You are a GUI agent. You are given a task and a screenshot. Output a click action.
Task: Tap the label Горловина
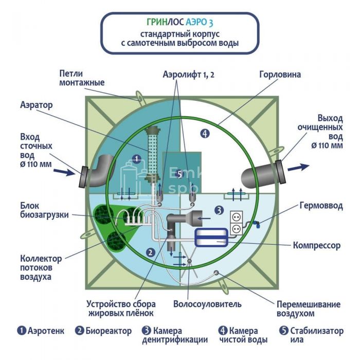[280, 74]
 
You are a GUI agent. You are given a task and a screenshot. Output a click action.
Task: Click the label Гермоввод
[320, 206]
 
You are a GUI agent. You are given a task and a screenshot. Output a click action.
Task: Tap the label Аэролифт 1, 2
[189, 75]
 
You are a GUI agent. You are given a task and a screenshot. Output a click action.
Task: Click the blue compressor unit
[213, 237]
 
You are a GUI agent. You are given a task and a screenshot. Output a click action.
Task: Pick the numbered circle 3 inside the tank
[219, 210]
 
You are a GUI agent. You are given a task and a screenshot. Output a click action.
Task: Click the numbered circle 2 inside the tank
[150, 252]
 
